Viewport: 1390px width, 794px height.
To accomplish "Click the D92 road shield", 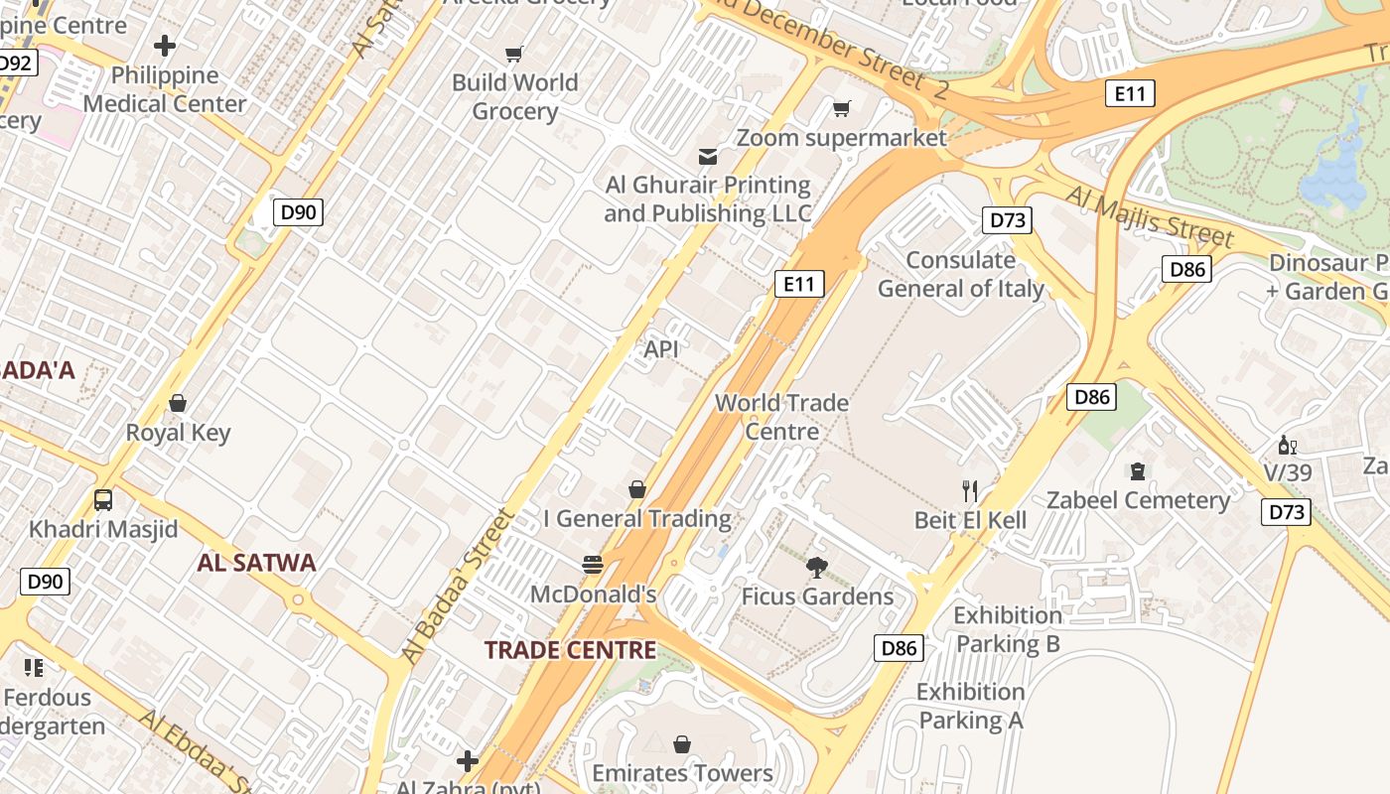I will click(15, 64).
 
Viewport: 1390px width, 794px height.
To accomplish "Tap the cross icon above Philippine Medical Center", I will click(165, 46).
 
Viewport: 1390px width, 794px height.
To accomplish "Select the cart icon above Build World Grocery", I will click(513, 55).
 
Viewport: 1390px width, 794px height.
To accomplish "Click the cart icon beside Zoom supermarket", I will click(842, 108).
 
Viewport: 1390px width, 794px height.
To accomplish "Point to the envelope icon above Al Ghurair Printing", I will click(708, 156).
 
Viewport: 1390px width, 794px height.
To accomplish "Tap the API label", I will click(661, 349).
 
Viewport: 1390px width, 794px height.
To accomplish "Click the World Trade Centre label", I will click(782, 417).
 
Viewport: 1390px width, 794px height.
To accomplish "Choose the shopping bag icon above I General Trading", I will click(637, 489).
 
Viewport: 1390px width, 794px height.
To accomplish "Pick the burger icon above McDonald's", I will click(593, 565).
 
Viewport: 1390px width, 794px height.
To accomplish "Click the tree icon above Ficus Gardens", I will click(817, 568).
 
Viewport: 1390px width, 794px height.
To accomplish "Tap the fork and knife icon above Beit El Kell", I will click(970, 490).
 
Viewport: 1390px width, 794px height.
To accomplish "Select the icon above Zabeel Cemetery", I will click(1138, 470).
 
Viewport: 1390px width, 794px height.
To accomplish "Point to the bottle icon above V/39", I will click(1288, 445).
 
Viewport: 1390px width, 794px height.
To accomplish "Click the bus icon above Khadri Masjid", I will click(103, 499).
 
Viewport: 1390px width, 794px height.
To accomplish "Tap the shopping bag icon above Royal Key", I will click(178, 403).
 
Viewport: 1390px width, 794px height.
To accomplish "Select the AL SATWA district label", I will click(256, 563).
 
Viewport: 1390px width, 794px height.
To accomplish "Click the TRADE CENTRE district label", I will click(570, 650).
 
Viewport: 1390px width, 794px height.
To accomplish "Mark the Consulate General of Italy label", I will click(960, 275).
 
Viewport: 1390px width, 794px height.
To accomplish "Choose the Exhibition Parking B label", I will click(1008, 629).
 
